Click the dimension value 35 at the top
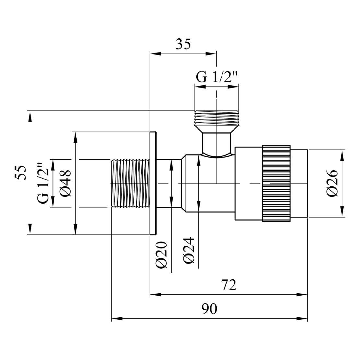[183, 43]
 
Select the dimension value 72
[229, 285]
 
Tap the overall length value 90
[210, 309]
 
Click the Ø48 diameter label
[66, 183]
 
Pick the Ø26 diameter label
[333, 183]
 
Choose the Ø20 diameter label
[161, 255]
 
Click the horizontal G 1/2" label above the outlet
[217, 78]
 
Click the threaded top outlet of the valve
[216, 118]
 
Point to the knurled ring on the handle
[276, 183]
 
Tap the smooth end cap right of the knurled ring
[299, 183]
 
